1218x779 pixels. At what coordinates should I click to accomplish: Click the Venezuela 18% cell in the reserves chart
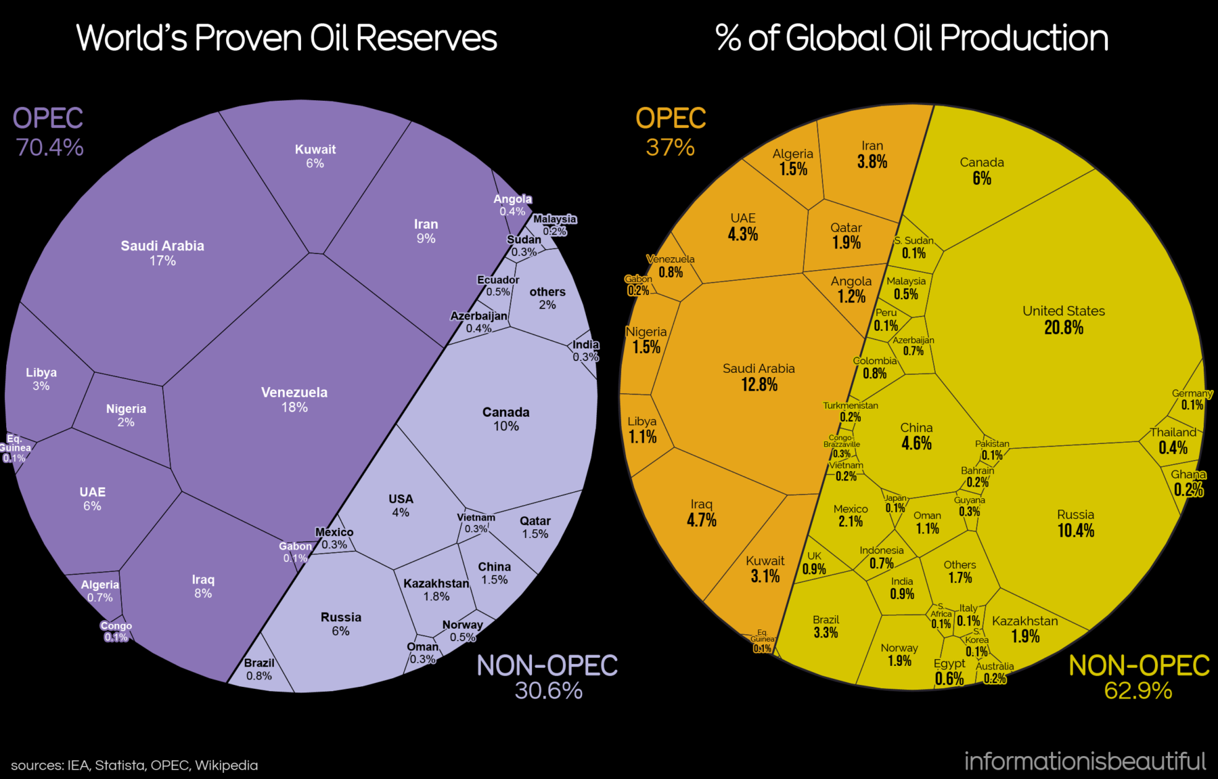[294, 399]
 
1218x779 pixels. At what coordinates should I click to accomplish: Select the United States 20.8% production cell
[1063, 319]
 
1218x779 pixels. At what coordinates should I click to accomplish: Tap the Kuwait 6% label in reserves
[315, 156]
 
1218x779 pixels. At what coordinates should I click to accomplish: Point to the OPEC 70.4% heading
[49, 132]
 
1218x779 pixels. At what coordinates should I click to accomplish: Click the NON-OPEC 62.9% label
[1139, 677]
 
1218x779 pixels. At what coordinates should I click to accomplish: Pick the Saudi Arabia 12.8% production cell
[759, 377]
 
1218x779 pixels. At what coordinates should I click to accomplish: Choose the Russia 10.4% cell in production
[1075, 523]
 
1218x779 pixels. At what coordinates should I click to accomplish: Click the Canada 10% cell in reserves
[505, 419]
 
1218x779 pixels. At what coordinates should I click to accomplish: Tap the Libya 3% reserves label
[41, 379]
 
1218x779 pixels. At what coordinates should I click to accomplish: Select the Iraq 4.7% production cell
[702, 513]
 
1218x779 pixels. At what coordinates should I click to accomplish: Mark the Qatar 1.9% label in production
[846, 236]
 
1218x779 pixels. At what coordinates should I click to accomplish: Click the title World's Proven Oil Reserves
[287, 38]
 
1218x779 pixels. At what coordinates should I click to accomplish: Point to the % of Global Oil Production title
[912, 38]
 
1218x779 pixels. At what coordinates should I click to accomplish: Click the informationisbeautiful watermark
[1085, 761]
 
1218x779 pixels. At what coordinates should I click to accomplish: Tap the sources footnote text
[135, 765]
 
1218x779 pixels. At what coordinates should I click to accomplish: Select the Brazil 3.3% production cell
[826, 627]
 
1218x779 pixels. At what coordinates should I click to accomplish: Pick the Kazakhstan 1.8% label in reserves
[436, 589]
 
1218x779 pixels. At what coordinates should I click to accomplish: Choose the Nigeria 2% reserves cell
[126, 415]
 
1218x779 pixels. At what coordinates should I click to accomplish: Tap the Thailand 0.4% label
[1173, 440]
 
